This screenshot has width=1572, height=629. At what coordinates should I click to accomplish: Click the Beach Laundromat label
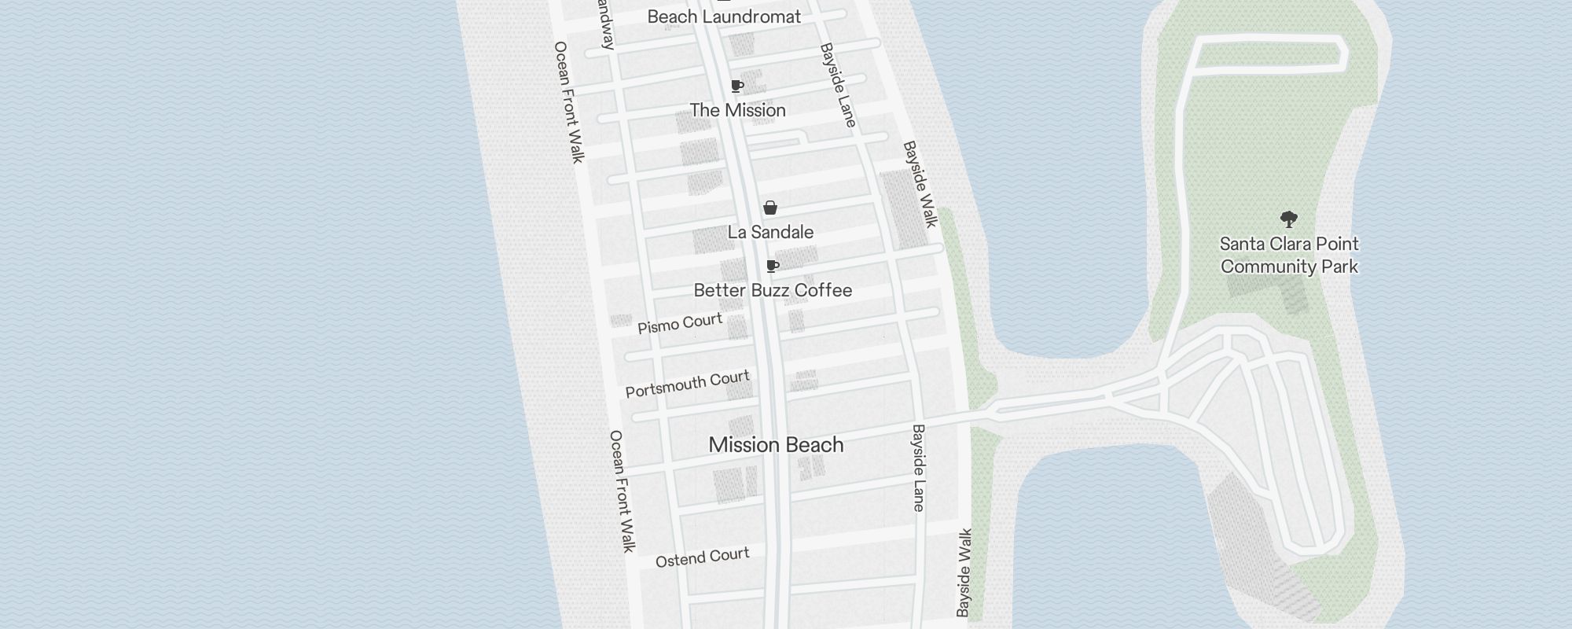pos(724,17)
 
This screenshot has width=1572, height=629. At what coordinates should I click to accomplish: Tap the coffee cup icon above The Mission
pos(737,86)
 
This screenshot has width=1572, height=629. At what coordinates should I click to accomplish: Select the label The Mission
pos(737,110)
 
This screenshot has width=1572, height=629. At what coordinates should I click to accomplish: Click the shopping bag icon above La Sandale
pos(770,208)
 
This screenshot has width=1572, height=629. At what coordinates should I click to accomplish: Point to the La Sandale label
pos(770,232)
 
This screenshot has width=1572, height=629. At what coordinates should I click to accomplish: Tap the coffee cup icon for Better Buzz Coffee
pos(773,266)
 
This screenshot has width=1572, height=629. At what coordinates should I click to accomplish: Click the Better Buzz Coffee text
pos(773,290)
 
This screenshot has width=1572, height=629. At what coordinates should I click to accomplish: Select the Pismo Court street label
pos(680,323)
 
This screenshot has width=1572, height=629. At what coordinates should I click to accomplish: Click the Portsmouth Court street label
pos(688,384)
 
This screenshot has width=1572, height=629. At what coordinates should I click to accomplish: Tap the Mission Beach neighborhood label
pos(776,444)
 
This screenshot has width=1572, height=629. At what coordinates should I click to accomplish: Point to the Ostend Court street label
pos(702,557)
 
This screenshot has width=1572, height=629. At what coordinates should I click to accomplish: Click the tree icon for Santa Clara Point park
pos(1288,219)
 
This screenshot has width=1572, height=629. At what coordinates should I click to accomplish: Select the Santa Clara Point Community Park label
pos(1289,255)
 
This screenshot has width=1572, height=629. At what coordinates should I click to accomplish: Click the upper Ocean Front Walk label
pos(569,102)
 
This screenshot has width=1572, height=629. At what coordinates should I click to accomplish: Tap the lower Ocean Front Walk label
pos(622,491)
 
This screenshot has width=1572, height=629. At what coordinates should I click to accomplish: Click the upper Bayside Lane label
pos(837,85)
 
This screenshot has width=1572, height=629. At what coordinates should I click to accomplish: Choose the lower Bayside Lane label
pos(918,468)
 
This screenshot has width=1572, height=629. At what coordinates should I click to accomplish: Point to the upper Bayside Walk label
pos(920,184)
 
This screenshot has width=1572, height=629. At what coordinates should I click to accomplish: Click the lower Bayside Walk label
pos(964,572)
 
